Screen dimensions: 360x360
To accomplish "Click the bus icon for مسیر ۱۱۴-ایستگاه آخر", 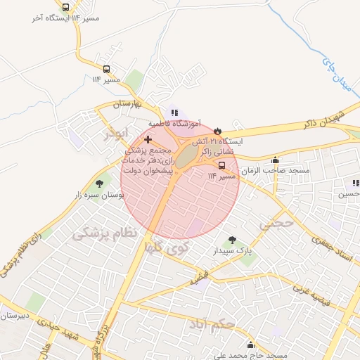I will pyautogui.click(x=65, y=7).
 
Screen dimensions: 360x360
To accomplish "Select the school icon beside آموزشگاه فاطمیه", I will pyautogui.click(x=174, y=112).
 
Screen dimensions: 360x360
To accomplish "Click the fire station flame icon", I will pyautogui.click(x=217, y=131).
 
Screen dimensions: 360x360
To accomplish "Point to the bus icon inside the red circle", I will pyautogui.click(x=222, y=165).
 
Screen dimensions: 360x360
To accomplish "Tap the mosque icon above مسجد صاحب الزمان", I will pyautogui.click(x=274, y=160).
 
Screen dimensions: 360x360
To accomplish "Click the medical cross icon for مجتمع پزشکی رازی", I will pyautogui.click(x=147, y=141).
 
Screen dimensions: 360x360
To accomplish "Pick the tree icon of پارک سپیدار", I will pyautogui.click(x=233, y=240).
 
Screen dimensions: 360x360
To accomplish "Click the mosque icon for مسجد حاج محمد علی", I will pyautogui.click(x=250, y=345).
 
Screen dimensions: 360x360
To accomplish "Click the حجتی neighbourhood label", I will pyautogui.click(x=274, y=224).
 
